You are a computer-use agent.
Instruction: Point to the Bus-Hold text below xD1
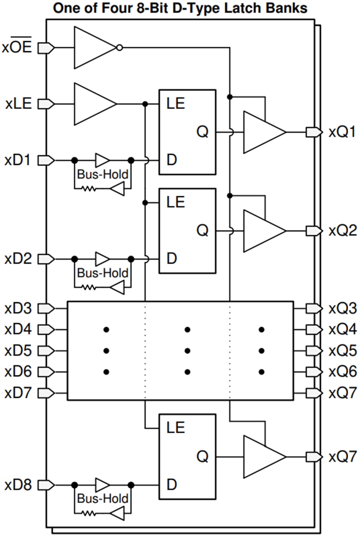click(x=103, y=174)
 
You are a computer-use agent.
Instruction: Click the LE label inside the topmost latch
click(x=176, y=104)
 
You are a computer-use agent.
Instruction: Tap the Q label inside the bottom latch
click(x=203, y=457)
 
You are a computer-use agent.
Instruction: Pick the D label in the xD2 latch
click(x=171, y=258)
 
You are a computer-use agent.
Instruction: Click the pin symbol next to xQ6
click(x=313, y=372)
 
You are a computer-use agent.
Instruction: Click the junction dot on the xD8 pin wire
click(x=74, y=485)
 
